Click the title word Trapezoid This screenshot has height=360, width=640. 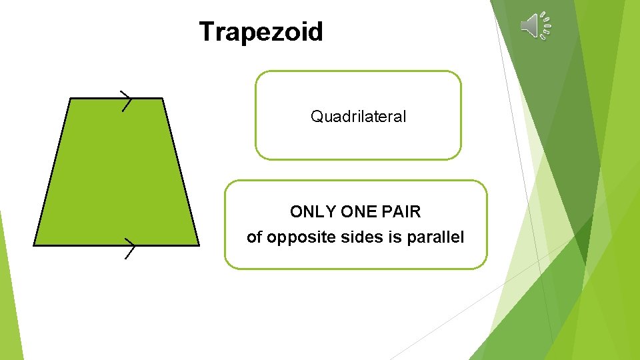261,32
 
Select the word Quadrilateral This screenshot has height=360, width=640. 358,117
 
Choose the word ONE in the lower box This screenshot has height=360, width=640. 358,212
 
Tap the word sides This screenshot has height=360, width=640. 357,237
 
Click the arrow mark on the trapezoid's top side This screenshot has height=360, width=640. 125,100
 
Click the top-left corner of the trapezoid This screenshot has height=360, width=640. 71,99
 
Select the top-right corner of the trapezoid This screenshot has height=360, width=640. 162,99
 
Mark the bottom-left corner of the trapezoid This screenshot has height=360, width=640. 35,245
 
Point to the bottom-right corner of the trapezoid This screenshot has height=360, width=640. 198,245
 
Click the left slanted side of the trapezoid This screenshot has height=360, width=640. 53,172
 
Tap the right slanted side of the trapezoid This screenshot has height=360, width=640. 180,172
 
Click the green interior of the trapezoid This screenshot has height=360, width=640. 117,173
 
